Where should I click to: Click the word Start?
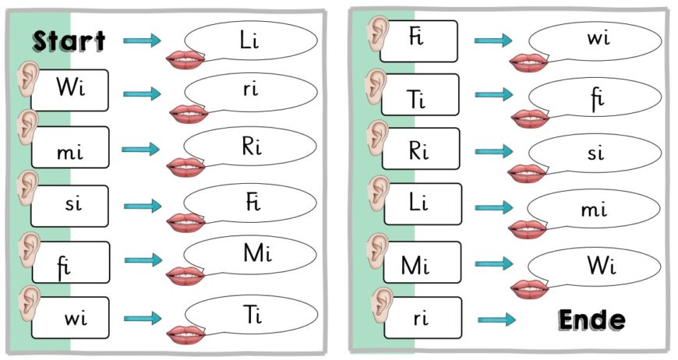click(69, 41)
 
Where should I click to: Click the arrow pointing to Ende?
click(496, 319)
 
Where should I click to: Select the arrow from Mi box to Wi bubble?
click(493, 263)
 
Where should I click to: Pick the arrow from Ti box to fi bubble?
click(493, 94)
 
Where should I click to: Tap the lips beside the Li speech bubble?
click(187, 59)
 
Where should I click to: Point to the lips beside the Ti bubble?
click(187, 334)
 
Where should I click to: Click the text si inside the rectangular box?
click(72, 206)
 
